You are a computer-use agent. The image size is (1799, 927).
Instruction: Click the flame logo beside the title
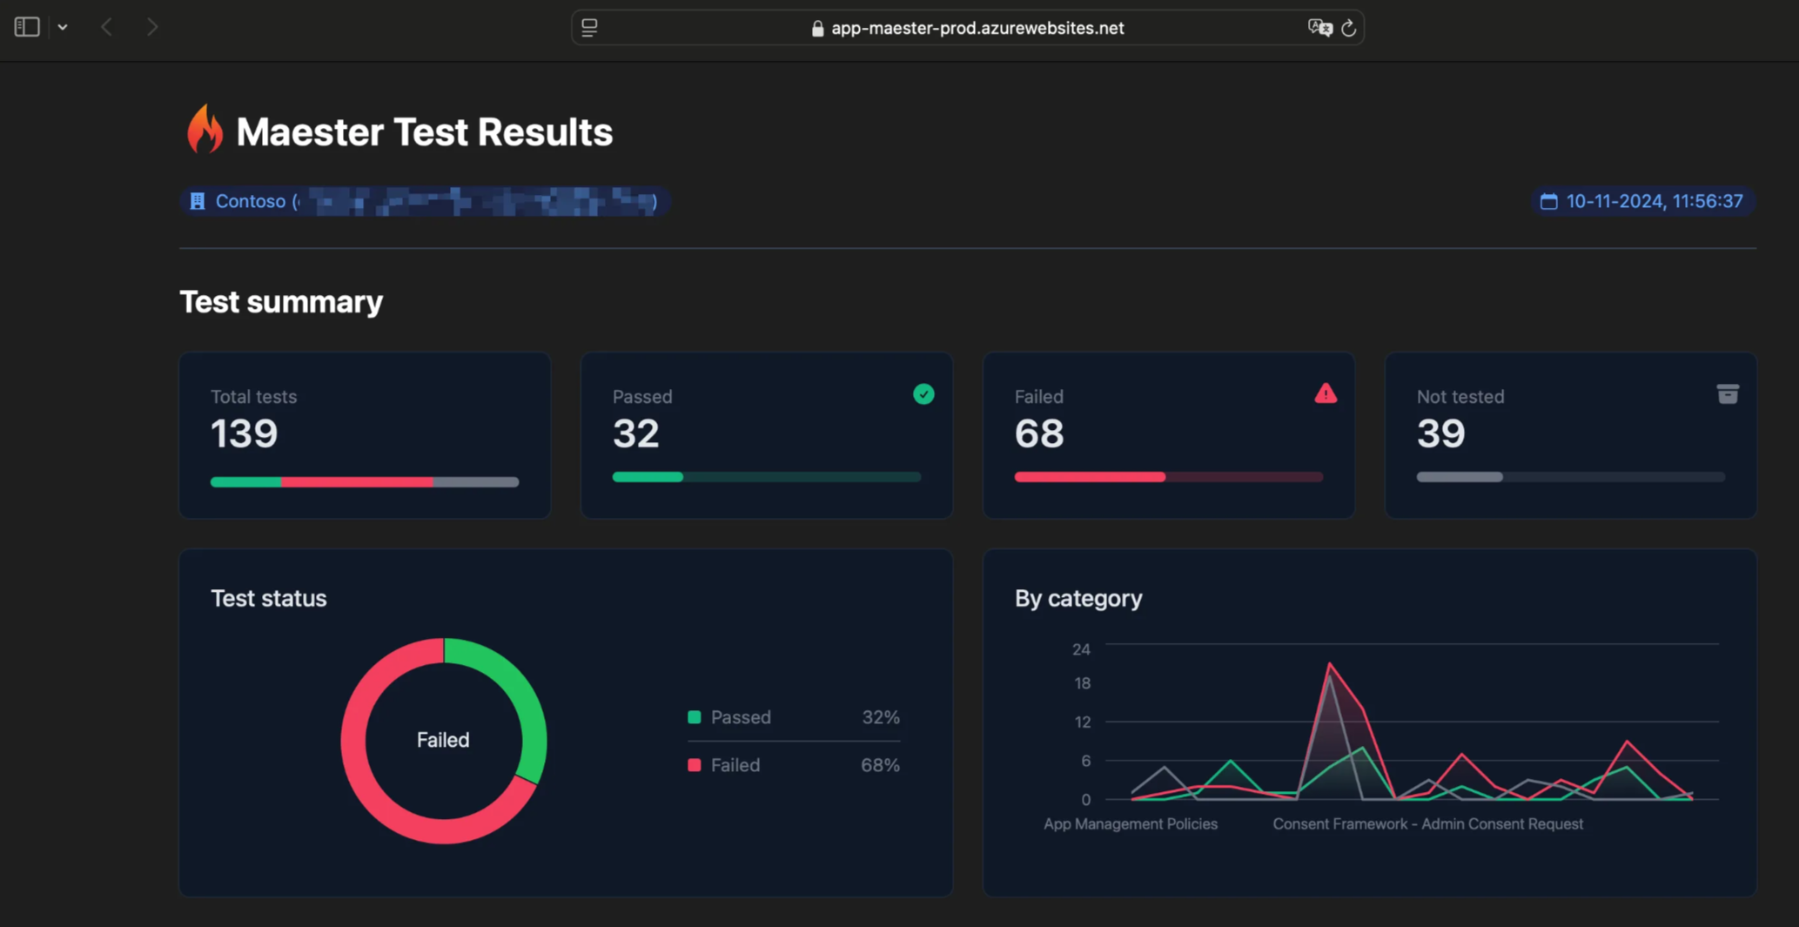[205, 130]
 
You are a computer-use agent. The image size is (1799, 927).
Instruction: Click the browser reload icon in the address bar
[1348, 28]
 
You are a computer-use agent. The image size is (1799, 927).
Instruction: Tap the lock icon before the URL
[817, 29]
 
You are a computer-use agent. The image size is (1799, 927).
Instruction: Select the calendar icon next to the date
[1548, 201]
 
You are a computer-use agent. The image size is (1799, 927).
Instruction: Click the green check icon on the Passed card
[923, 394]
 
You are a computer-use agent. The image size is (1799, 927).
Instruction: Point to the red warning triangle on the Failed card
[1325, 394]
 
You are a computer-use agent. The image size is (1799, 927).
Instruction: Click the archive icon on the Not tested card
[1727, 394]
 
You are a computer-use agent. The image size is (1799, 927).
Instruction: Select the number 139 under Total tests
[245, 433]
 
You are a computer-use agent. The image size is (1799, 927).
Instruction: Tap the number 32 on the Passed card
[635, 433]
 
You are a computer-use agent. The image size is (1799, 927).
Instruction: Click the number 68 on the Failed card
[1038, 433]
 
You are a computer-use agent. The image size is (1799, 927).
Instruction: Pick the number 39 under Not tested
[1440, 433]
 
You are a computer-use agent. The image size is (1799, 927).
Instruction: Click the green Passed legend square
[694, 717]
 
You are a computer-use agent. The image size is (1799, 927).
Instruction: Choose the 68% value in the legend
[880, 765]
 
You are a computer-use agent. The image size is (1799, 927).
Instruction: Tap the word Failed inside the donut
[443, 740]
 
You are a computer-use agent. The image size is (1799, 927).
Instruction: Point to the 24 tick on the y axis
[1081, 649]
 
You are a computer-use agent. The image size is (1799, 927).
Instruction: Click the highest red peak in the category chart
[1329, 664]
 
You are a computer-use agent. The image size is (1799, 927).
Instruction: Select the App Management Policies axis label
[1130, 823]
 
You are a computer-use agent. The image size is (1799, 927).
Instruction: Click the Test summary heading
[281, 302]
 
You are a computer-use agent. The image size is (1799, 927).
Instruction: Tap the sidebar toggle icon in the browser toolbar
[27, 27]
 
